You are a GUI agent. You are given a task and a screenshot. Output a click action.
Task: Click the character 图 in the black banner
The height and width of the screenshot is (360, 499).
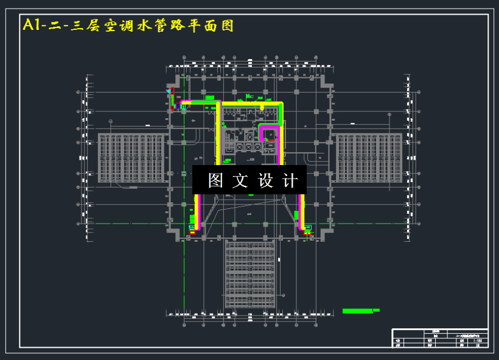pyautogui.click(x=215, y=180)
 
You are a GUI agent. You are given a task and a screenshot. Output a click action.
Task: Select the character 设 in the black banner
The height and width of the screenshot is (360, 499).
pyautogui.click(x=266, y=180)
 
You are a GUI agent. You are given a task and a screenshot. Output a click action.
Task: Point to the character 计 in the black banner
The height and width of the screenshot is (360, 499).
pyautogui.click(x=291, y=180)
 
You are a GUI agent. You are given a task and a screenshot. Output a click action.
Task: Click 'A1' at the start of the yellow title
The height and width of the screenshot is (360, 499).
pyautogui.click(x=30, y=25)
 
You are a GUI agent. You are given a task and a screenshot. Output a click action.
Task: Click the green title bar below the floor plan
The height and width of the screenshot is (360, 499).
pyautogui.click(x=358, y=311)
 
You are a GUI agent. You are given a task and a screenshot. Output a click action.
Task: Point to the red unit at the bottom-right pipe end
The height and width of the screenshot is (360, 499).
pyautogui.click(x=307, y=230)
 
